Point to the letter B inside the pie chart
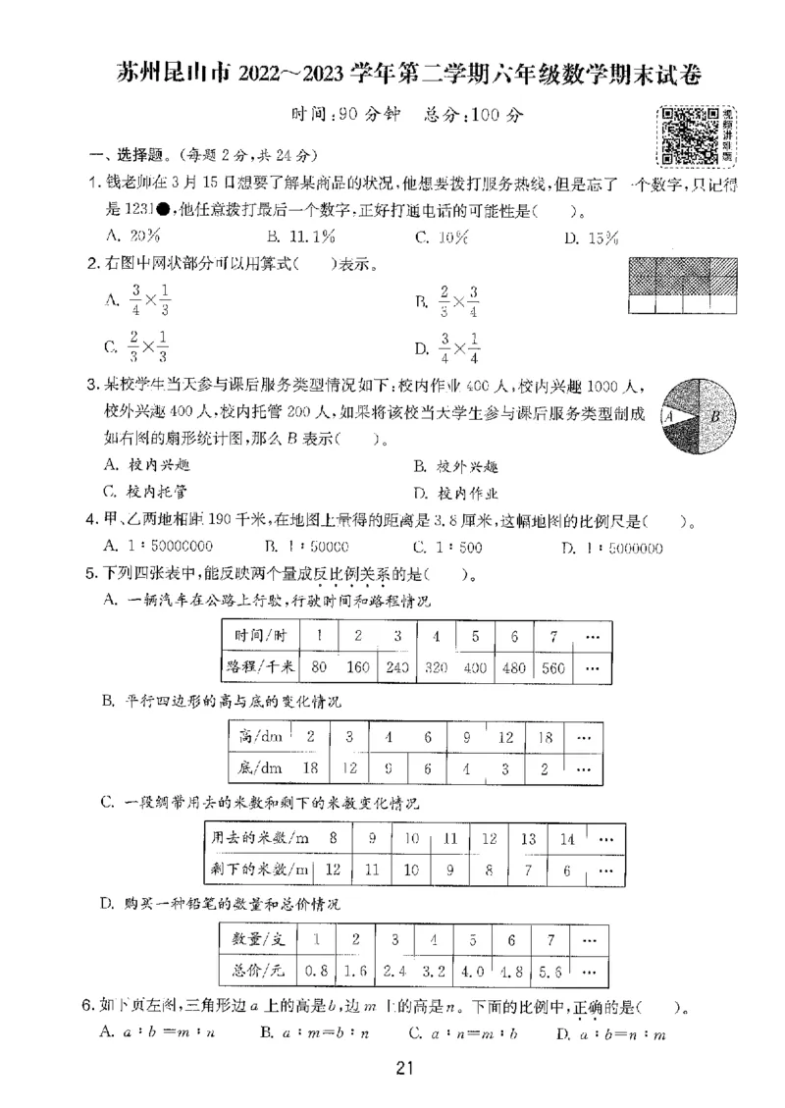(715, 416)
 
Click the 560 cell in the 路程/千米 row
(553, 667)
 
